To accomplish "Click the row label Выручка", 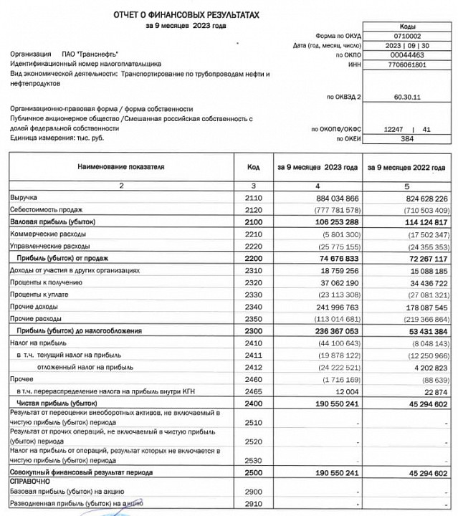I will pos(24,196).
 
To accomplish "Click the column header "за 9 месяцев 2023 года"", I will pos(318,167).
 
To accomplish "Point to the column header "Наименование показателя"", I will pos(122,167).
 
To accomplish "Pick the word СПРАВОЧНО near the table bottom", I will pos(29,484).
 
